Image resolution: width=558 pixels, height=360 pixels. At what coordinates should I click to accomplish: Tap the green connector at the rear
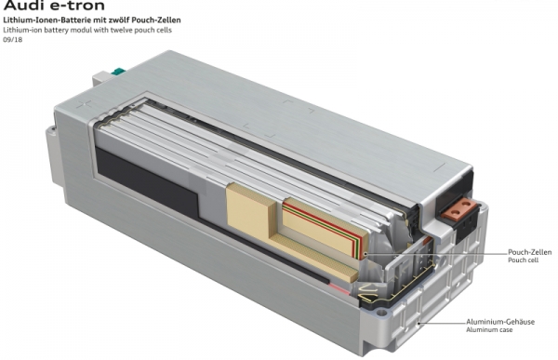tap(118, 72)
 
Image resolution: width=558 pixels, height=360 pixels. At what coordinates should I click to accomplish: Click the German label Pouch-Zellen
tap(529, 252)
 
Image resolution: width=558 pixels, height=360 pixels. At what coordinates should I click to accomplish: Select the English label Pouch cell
tap(523, 260)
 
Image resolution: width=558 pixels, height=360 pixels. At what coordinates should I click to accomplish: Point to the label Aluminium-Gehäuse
tap(500, 322)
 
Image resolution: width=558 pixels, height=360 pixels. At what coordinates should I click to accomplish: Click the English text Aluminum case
tap(489, 330)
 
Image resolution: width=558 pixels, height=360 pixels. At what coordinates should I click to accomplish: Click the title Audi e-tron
tap(54, 6)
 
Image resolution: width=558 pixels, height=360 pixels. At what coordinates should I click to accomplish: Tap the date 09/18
tap(12, 40)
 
